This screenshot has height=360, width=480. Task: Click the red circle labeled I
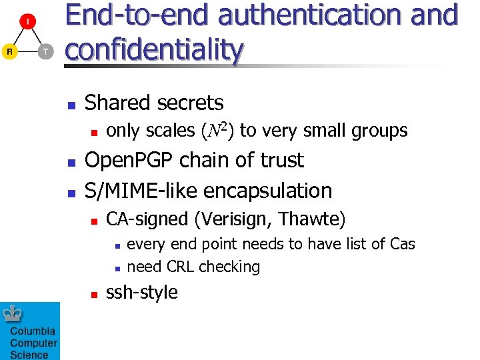pos(27,23)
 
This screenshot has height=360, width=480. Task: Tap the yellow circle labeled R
pos(9,51)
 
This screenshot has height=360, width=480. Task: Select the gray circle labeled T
pos(45,51)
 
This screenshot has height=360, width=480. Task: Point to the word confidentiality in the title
pos(154,48)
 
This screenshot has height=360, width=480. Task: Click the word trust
pos(279,161)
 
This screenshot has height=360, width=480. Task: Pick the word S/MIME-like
pos(140,191)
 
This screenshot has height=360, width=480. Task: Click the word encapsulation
pos(268,191)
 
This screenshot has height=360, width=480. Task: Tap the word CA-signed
pos(145,219)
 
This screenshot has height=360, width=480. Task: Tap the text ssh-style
pos(142,293)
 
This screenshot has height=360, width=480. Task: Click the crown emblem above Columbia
pos(13,314)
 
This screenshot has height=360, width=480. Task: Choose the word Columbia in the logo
pos(33,331)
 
